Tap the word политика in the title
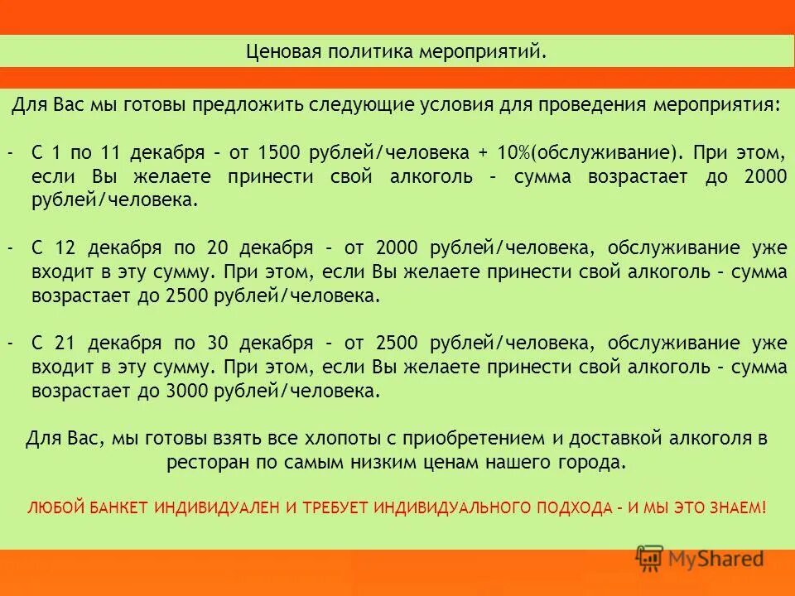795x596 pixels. point(373,53)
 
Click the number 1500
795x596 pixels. point(278,154)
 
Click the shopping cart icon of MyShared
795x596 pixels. point(650,559)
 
